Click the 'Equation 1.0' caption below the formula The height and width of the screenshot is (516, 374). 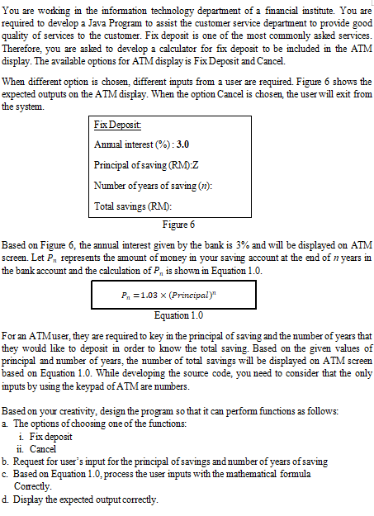182,315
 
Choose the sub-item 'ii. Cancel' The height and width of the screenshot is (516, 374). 47,447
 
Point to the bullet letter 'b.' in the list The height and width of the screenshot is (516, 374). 7,460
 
